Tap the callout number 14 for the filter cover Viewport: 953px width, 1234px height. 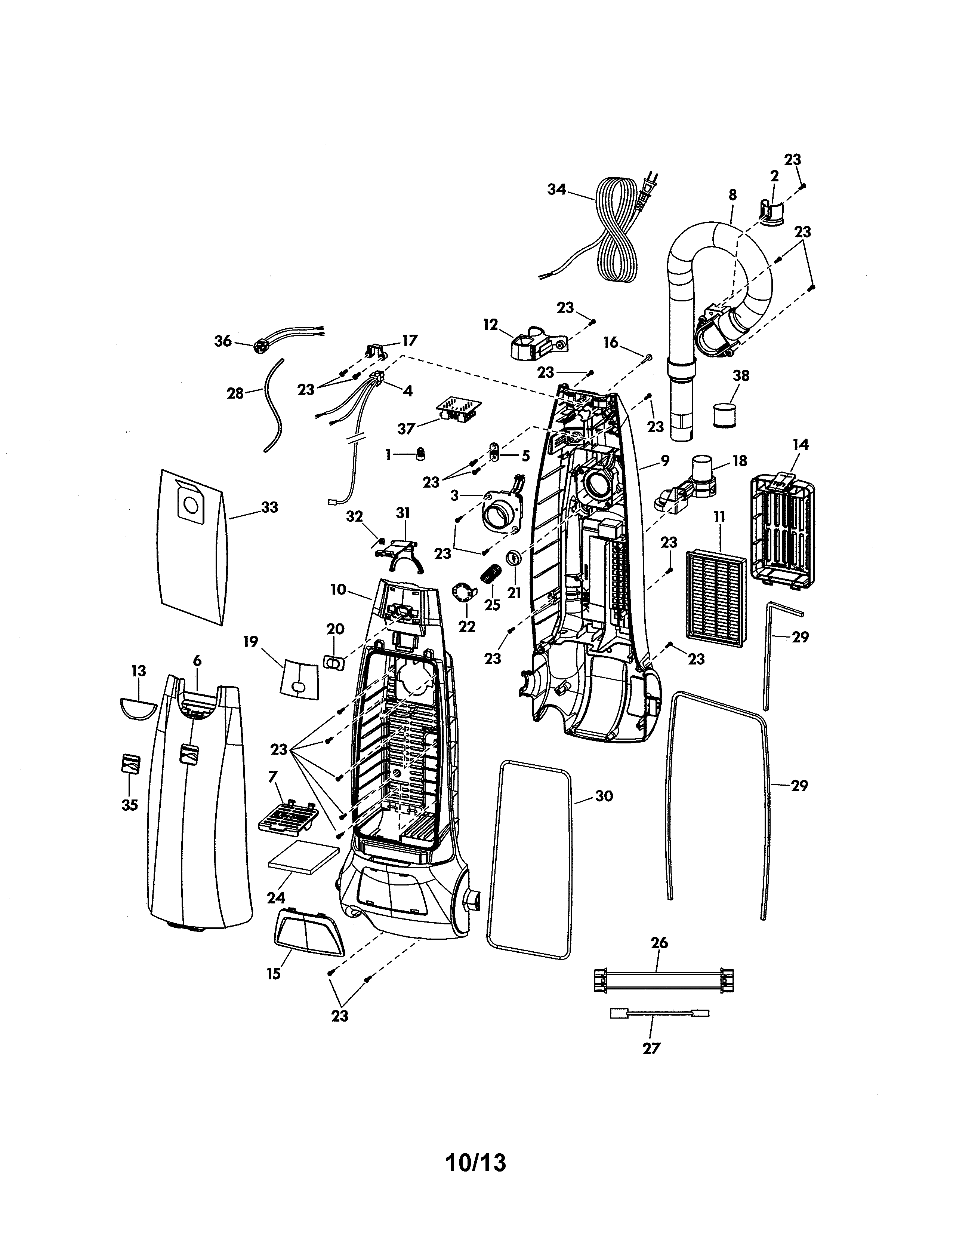click(800, 445)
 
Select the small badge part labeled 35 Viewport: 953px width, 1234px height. click(130, 764)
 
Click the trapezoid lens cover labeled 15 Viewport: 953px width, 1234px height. click(309, 936)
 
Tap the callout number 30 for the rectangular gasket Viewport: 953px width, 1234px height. click(604, 796)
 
